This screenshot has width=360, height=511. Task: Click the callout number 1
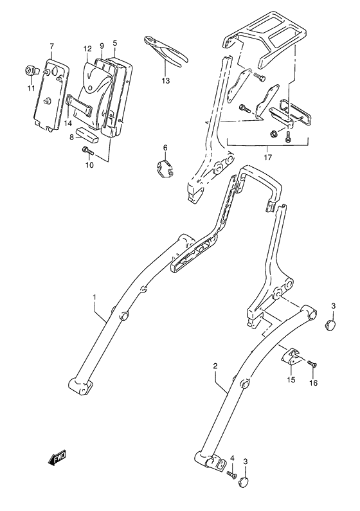click(94, 297)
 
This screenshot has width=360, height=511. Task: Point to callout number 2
click(216, 366)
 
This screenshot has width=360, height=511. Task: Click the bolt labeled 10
click(87, 152)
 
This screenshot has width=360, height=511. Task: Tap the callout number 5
click(114, 44)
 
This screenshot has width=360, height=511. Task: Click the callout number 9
click(102, 46)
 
